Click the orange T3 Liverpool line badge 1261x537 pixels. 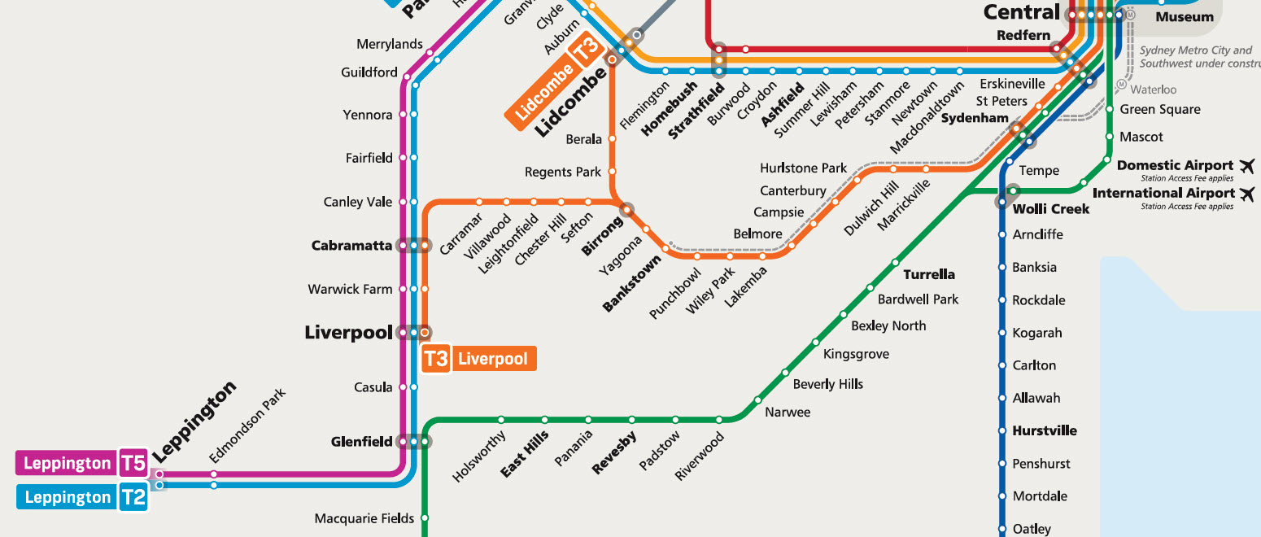coord(479,359)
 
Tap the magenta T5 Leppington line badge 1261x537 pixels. coord(81,464)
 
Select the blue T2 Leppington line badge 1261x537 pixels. coord(81,497)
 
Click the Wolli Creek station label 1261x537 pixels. coord(1049,209)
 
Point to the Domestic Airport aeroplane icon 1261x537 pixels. coord(1246,166)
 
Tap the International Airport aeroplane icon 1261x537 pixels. coord(1246,194)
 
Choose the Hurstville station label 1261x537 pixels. coord(1045,430)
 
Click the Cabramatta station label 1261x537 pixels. coord(351,246)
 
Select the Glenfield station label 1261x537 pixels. coord(361,442)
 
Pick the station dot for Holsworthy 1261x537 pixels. coord(502,420)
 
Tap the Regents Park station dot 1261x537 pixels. coord(612,172)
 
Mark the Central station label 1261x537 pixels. coord(1021,12)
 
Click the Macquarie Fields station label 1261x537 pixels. coord(364,518)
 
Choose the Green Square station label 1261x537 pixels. coord(1160,110)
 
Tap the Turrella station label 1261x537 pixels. coord(929,274)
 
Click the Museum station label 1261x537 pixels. coord(1185,17)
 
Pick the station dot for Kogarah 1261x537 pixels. coord(1002,333)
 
